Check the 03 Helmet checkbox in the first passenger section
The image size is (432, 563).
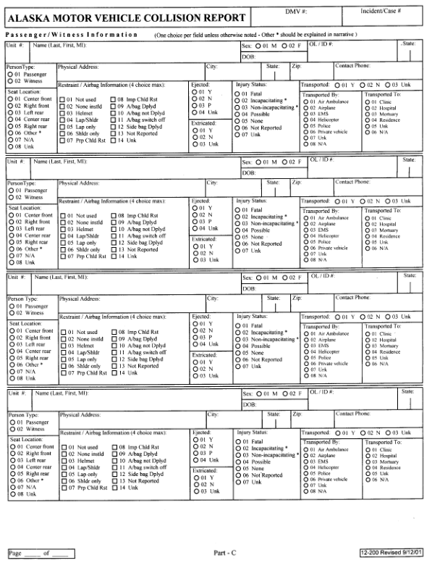click(x=62, y=113)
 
